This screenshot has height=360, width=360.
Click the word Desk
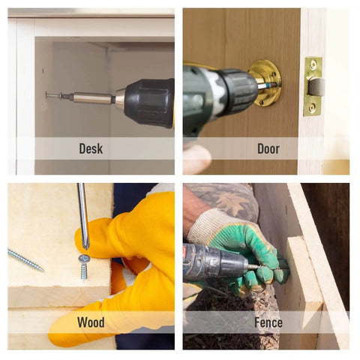point(91,148)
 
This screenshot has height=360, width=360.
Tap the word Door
point(268,148)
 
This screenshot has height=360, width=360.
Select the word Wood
point(91,322)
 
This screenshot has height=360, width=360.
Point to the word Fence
point(268,322)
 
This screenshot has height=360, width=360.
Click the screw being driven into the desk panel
point(52,95)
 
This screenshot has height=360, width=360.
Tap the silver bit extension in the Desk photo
point(91,98)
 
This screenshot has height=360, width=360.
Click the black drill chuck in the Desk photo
point(149,103)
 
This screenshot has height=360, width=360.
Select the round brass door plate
point(265,82)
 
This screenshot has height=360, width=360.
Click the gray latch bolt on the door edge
point(316,86)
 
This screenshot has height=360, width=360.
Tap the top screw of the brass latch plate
point(313,64)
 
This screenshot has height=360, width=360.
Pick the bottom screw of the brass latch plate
point(312,107)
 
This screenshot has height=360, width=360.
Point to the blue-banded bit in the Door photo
point(267,85)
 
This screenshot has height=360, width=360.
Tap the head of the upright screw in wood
point(84,258)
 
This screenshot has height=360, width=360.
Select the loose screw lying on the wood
point(25,260)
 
